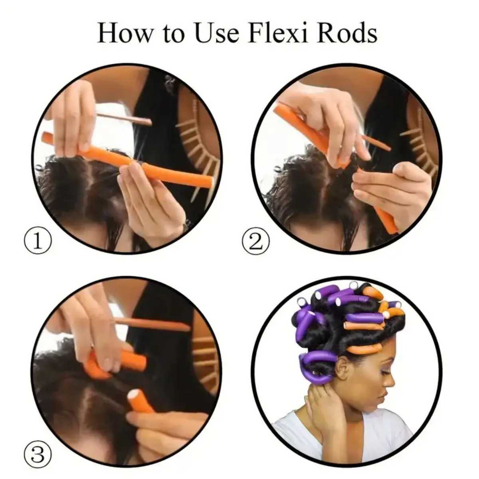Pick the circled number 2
(x=256, y=241)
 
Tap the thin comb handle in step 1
(x=124, y=118)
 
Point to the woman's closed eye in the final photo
(x=384, y=371)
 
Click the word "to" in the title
(x=172, y=34)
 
